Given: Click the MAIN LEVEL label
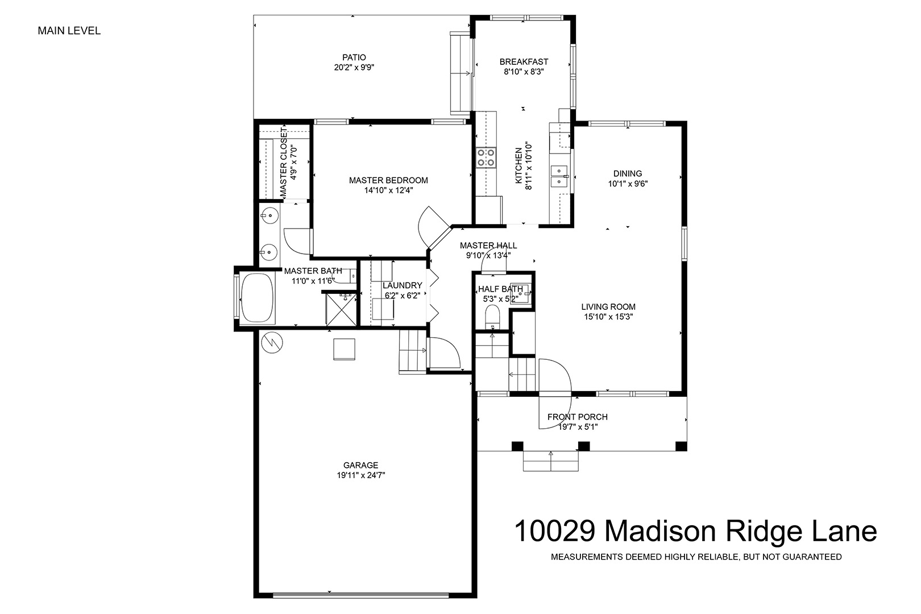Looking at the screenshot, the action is (69, 31).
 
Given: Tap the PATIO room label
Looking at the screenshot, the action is (354, 57).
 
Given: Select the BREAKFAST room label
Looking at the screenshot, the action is (524, 62).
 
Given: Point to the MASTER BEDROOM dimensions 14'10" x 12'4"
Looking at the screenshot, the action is (388, 190).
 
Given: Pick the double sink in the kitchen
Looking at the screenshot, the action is (559, 176).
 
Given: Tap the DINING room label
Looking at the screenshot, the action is (628, 173).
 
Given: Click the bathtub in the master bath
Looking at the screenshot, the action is (257, 297).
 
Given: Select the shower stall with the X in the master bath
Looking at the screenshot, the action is (341, 310).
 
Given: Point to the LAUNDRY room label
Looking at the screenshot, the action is (403, 285).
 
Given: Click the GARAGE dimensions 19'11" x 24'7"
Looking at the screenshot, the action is (361, 475).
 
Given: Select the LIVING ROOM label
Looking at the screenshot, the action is (608, 307).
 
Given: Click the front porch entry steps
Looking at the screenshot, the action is (550, 461).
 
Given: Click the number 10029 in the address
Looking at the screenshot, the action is (555, 532).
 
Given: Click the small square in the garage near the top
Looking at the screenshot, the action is (344, 349).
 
